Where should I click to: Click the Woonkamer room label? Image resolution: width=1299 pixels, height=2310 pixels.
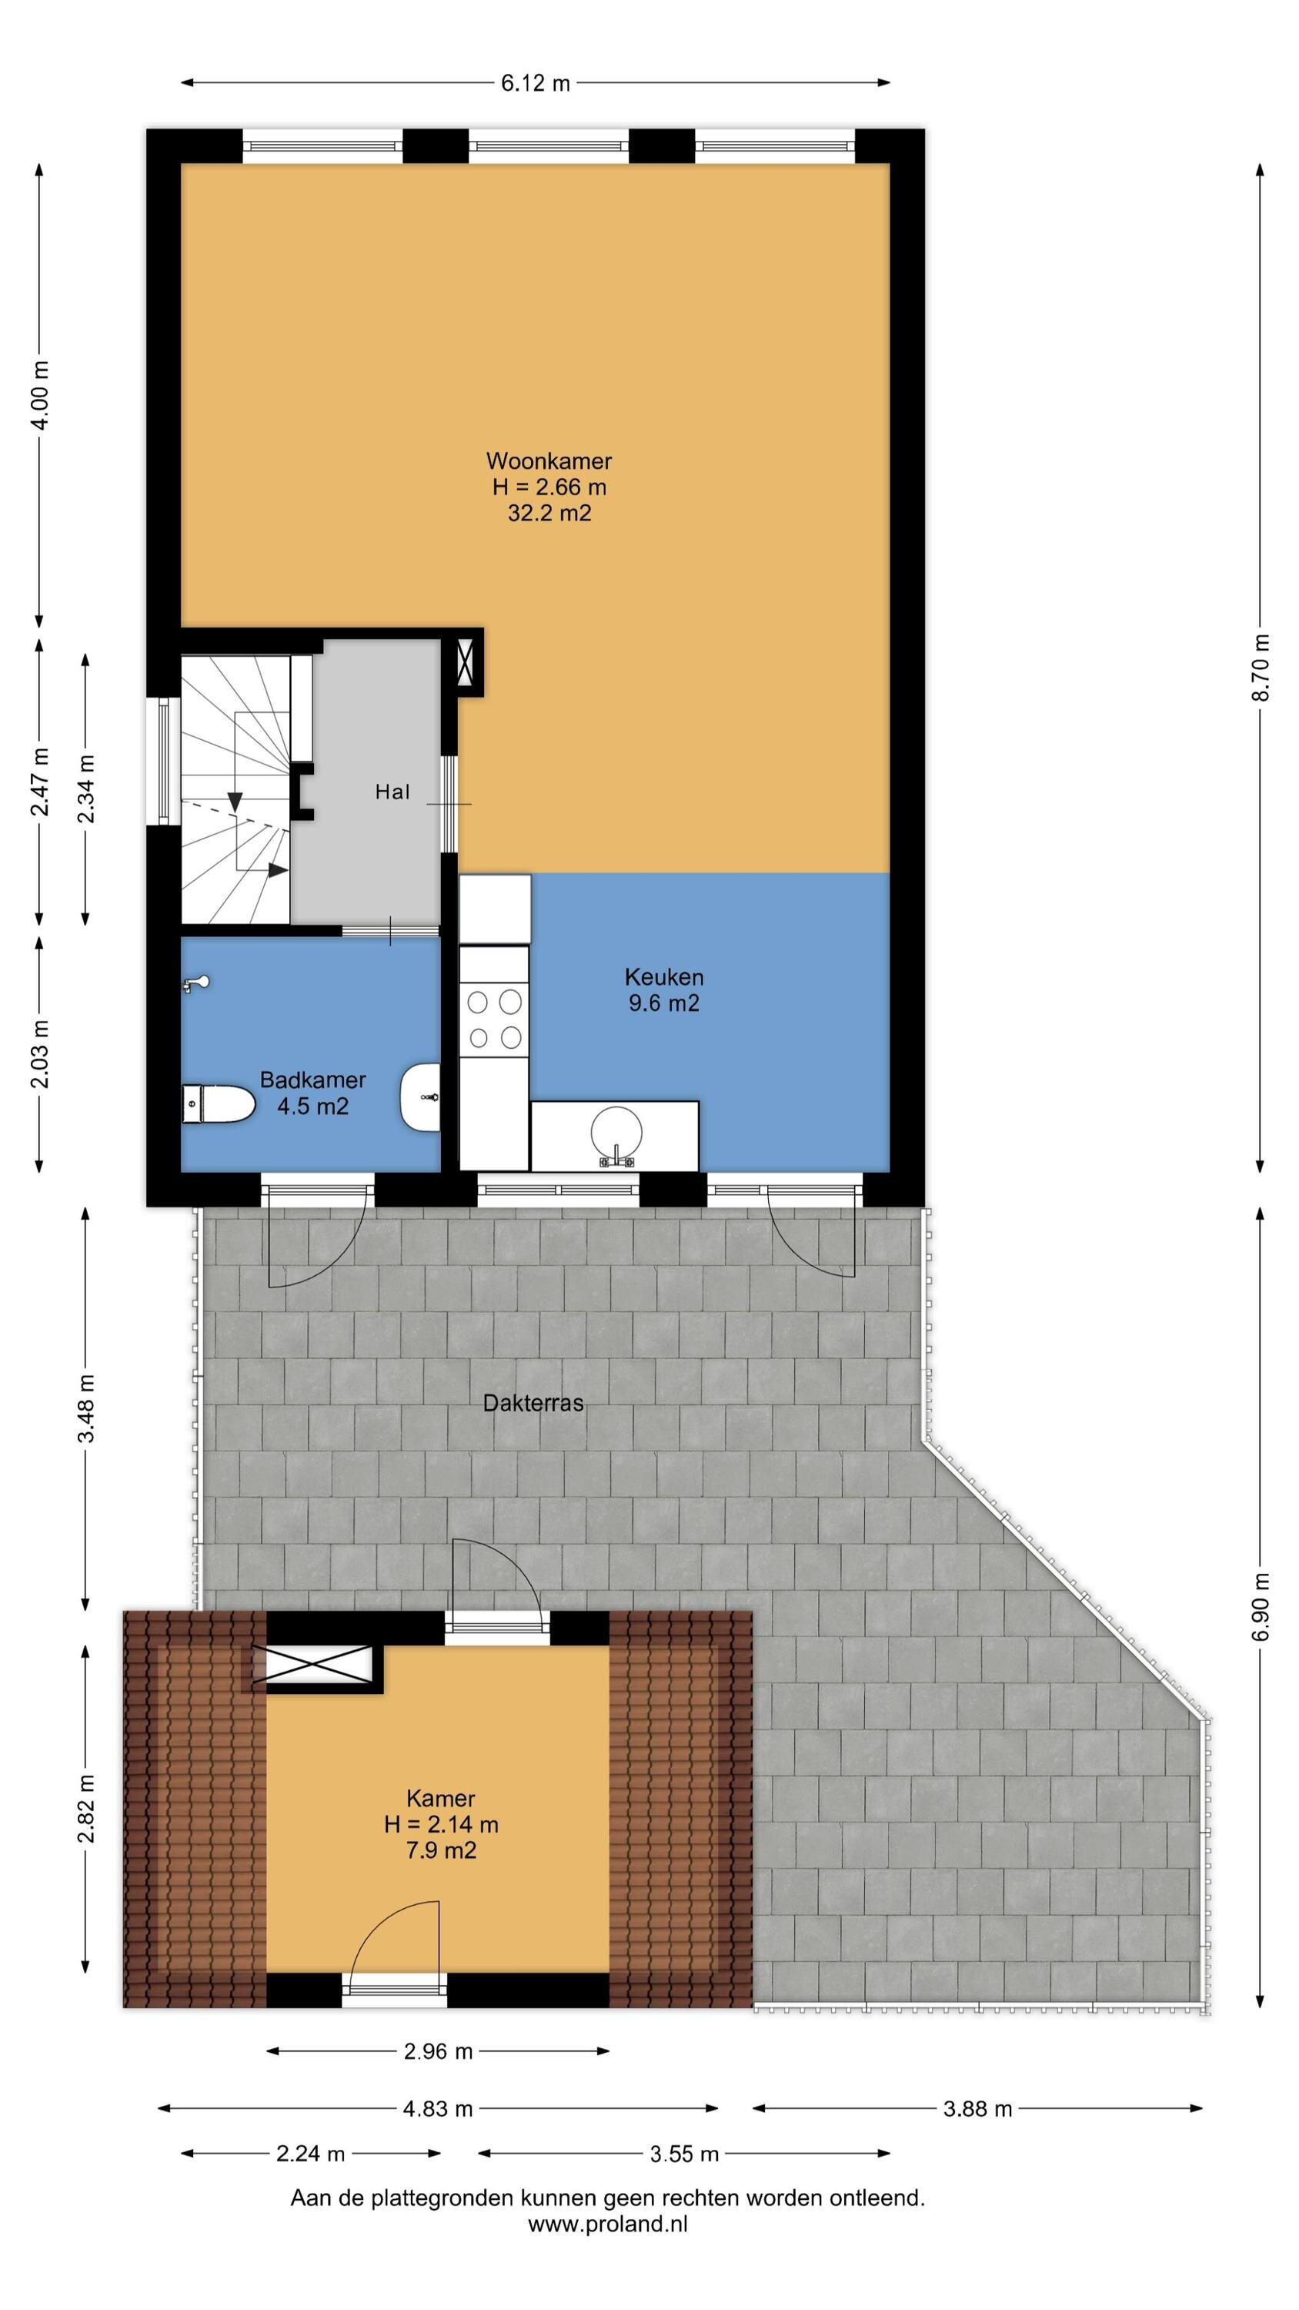click(x=549, y=461)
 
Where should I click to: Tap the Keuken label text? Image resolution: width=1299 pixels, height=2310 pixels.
click(x=663, y=976)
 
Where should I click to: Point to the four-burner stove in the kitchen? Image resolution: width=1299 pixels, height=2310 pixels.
click(x=494, y=1019)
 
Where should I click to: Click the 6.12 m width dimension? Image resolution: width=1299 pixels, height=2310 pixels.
click(x=535, y=83)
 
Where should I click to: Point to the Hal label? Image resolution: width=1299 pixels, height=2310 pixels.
click(x=392, y=792)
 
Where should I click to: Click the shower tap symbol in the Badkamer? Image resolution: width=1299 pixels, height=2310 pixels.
click(x=196, y=984)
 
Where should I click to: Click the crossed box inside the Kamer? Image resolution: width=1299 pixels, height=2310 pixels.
click(x=312, y=1667)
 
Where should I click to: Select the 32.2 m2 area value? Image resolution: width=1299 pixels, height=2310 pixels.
click(x=549, y=513)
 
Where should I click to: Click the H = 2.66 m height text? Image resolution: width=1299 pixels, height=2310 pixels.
click(x=549, y=487)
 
